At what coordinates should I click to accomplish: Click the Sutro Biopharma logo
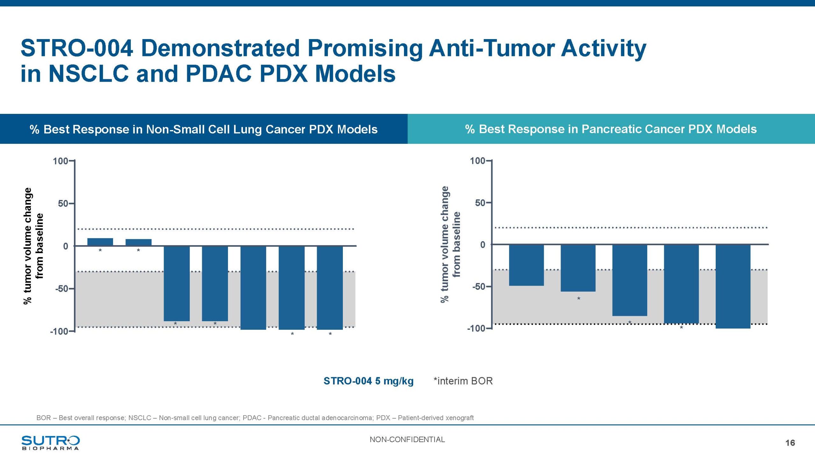(x=50, y=442)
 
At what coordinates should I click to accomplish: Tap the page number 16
(x=790, y=443)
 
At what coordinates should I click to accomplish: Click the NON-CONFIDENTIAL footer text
(x=407, y=440)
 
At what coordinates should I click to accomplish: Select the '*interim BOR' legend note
(x=463, y=381)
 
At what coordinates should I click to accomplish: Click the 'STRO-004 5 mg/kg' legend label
(x=368, y=381)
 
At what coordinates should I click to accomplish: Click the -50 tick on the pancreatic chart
(x=479, y=287)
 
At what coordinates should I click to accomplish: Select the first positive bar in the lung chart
(x=100, y=242)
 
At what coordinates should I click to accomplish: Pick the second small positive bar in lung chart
(x=138, y=242)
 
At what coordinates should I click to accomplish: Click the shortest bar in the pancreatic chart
(x=526, y=265)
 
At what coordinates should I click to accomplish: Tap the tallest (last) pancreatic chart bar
(x=733, y=286)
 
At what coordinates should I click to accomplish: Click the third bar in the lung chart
(x=177, y=283)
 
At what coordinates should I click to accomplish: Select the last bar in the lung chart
(x=330, y=288)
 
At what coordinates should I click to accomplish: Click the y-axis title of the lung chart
(x=33, y=246)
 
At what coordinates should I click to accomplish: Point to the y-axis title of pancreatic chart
(x=450, y=245)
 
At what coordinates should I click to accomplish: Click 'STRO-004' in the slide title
(x=77, y=48)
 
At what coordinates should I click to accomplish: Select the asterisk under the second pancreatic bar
(x=578, y=299)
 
